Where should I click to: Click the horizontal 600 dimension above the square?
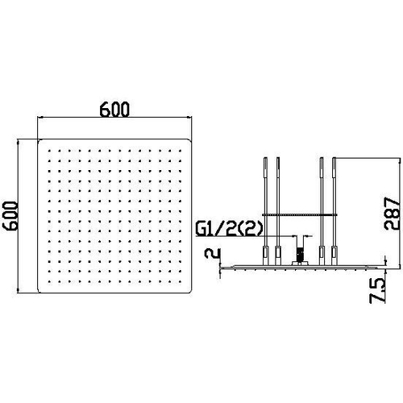coord(114,110)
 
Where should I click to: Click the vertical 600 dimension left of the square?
coord(10,216)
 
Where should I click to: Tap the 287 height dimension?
coord(392,214)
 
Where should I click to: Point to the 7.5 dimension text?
coord(377,291)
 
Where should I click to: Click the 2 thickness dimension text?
coord(212,253)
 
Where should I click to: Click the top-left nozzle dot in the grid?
coord(49,151)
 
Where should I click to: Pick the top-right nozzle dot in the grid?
coord(180,151)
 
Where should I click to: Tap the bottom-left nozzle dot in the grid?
coord(49,281)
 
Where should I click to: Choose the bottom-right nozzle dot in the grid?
coord(180,281)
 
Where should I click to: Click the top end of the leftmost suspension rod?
coord(265,158)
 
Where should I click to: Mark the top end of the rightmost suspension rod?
coord(334,158)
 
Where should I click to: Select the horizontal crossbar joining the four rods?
coord(300,214)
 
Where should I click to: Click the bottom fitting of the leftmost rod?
coord(265,256)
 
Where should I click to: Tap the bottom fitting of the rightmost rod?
coord(334,256)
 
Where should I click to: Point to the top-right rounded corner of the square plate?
coord(189,140)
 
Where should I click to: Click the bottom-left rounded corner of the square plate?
coord(39,291)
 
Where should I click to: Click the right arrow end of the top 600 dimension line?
coord(190,118)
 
